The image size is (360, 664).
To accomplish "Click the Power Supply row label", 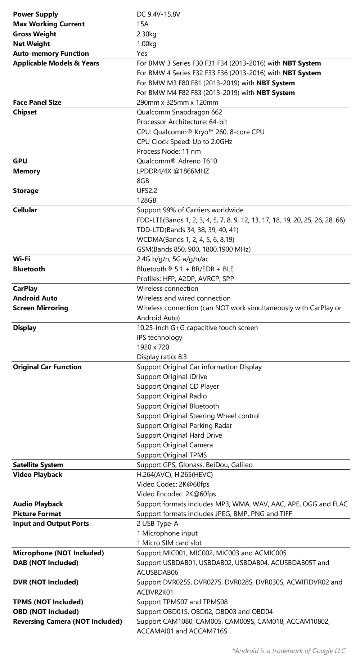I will pyautogui.click(x=35, y=14).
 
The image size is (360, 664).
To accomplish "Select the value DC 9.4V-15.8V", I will pyautogui.click(x=158, y=14).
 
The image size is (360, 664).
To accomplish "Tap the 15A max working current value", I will pyautogui.click(x=143, y=24).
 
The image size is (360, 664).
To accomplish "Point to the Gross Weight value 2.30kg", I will pyautogui.click(x=147, y=34).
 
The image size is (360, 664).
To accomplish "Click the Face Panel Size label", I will pyautogui.click(x=37, y=102).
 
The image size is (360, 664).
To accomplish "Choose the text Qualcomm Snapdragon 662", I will pyautogui.click(x=179, y=112).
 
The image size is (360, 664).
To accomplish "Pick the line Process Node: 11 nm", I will pyautogui.click(x=168, y=151).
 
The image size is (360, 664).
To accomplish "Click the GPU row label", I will pyautogui.click(x=20, y=161).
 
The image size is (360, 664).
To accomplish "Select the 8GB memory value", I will pyautogui.click(x=143, y=181).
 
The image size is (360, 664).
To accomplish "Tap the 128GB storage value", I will pyautogui.click(x=147, y=200).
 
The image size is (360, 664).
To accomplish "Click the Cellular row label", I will pyautogui.click(x=25, y=210).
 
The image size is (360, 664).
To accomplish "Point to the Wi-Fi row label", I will pyautogui.click(x=22, y=259).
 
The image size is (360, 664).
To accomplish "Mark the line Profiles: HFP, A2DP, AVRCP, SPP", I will pyautogui.click(x=185, y=279).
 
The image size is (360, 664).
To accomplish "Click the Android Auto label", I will pyautogui.click(x=35, y=298).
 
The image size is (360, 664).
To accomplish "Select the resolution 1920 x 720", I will pyautogui.click(x=153, y=347).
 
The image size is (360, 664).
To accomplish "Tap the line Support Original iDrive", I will pyautogui.click(x=172, y=376).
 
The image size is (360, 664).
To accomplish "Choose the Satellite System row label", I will pyautogui.click(x=38, y=465).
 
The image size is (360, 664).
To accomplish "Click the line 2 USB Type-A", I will pyautogui.click(x=157, y=523).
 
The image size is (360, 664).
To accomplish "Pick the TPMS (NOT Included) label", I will pyautogui.click(x=48, y=602).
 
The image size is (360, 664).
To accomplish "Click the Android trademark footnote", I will pyautogui.click(x=289, y=650).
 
